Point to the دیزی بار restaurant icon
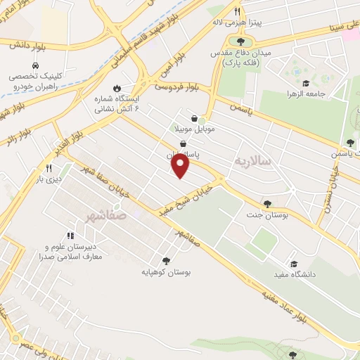(49, 168)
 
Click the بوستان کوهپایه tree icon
(166, 261)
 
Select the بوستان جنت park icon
(267, 204)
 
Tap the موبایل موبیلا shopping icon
(194, 119)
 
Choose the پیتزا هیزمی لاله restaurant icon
(237, 12)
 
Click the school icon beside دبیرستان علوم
(70, 236)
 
